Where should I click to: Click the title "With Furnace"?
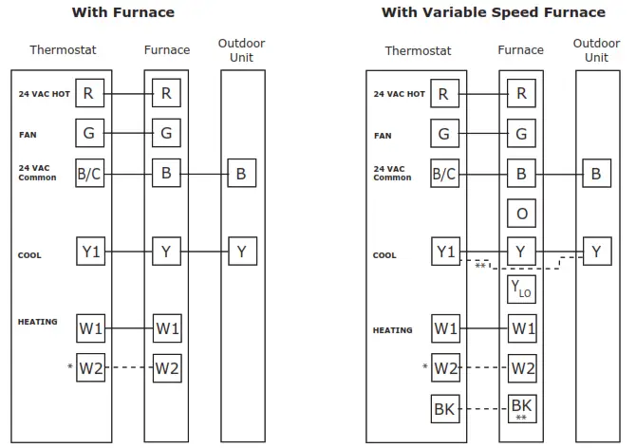pyautogui.click(x=122, y=12)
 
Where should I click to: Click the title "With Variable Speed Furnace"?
pyautogui.click(x=493, y=12)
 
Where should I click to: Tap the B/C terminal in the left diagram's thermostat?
pyautogui.click(x=89, y=174)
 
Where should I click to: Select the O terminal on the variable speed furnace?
pyautogui.click(x=521, y=214)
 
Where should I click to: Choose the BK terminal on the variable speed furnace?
pyautogui.click(x=521, y=408)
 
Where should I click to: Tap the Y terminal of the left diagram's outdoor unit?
pyautogui.click(x=241, y=252)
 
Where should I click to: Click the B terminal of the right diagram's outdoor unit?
pyautogui.click(x=596, y=174)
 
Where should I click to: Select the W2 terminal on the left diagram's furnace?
pyautogui.click(x=166, y=367)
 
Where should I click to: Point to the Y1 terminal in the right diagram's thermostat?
pyautogui.click(x=444, y=252)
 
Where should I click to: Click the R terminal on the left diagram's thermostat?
pyautogui.click(x=89, y=93)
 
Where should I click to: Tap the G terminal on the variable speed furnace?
pyautogui.click(x=521, y=134)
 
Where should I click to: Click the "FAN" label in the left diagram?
pyautogui.click(x=28, y=135)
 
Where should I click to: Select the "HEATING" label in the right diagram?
pyautogui.click(x=393, y=330)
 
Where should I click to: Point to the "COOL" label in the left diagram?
pyautogui.click(x=29, y=255)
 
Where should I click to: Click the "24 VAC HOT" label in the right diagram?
pyautogui.click(x=399, y=94)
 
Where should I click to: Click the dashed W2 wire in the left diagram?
pyautogui.click(x=127, y=367)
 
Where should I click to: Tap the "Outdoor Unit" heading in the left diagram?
pyautogui.click(x=241, y=49)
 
